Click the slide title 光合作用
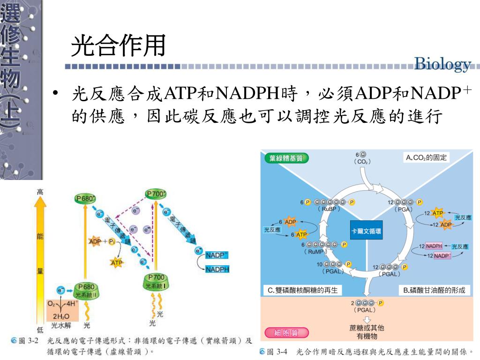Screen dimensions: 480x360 point(119,46)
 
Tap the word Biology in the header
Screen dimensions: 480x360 point(442,64)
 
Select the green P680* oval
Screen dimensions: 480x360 point(85,199)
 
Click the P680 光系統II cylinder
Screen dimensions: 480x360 point(86,291)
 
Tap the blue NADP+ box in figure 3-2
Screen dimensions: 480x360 point(217,255)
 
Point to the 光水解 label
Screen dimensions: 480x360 point(61,325)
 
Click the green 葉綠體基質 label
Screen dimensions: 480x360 point(286,158)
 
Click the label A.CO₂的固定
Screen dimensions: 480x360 point(426,157)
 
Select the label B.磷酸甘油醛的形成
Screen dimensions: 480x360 point(434,290)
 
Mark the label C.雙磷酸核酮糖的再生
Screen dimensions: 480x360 point(302,290)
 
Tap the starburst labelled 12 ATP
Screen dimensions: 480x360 point(437,213)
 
